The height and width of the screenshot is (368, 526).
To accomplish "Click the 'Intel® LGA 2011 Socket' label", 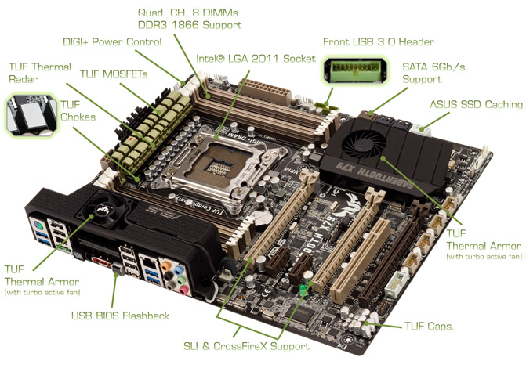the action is coord(256,59).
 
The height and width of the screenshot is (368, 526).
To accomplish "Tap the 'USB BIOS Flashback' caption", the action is coord(120,316).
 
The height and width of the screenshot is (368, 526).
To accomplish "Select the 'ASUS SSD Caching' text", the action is coord(477,104).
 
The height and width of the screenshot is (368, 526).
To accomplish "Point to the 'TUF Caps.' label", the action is coord(429,326).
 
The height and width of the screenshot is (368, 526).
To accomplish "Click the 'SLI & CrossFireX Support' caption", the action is coord(247,346).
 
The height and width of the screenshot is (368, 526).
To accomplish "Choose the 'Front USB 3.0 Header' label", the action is coord(379,42).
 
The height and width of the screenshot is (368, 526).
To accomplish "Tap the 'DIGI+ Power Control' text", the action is coord(112,42).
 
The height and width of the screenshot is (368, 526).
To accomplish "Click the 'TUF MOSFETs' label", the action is coord(114,74).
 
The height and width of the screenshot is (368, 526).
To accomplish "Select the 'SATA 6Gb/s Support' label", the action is coord(433,73).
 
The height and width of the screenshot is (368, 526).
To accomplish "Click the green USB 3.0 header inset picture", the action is coord(355,70).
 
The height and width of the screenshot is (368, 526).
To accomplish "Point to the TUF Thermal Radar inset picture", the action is coord(31,115).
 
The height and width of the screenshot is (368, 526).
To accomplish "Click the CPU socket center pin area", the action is coord(219,166).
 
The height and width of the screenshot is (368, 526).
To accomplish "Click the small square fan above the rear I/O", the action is coord(104,209).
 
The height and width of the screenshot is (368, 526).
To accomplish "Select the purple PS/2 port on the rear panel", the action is coord(38,225).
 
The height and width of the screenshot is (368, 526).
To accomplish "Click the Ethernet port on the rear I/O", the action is coord(148,261).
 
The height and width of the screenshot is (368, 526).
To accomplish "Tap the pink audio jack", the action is coord(183,290).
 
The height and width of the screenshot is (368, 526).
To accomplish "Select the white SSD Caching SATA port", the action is coord(422,130).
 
